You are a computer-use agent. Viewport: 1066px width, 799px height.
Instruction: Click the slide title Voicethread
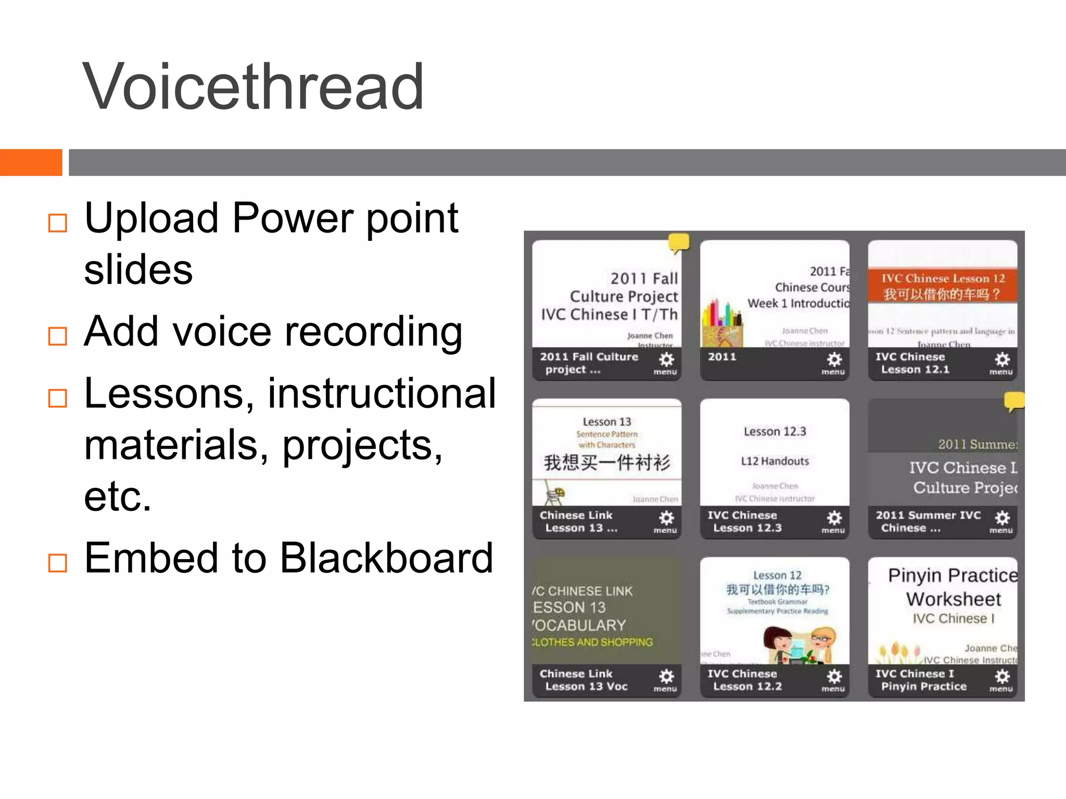[x=253, y=87]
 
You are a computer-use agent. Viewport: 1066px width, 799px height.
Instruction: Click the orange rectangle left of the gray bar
[x=31, y=162]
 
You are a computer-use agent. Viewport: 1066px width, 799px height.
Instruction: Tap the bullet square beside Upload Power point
[x=57, y=223]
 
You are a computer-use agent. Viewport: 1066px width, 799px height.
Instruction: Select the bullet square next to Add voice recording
[x=57, y=336]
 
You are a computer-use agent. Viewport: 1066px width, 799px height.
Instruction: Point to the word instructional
[x=382, y=394]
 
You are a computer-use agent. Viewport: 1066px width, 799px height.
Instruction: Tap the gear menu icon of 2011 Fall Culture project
[x=666, y=360]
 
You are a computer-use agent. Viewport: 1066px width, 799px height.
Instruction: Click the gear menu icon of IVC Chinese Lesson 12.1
[x=1002, y=360]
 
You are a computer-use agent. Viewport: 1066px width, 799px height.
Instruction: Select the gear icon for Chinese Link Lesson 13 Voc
[x=666, y=677]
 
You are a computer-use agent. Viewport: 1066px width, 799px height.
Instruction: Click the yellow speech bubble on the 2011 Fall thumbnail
[x=679, y=242]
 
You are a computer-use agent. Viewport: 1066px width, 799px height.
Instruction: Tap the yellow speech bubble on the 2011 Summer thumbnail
[x=1014, y=401]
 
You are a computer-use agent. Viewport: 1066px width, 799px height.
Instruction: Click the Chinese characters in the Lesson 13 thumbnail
[x=607, y=462]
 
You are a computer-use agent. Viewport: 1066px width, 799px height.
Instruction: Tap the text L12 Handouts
[x=775, y=461]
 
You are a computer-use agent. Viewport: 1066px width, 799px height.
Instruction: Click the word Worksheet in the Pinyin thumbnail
[x=954, y=599]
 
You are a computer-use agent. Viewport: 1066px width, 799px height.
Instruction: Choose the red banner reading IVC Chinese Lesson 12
[x=943, y=286]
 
